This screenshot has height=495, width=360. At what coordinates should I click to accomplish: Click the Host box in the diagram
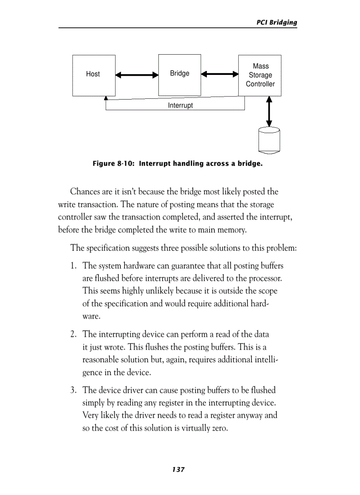pos(94,75)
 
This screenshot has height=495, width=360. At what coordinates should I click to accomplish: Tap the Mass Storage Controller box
pos(260,75)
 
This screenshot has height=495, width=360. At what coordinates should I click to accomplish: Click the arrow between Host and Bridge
pos(137,75)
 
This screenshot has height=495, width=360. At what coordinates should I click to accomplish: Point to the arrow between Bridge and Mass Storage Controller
pos(220,74)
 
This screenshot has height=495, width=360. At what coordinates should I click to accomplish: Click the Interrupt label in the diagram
pos(180,106)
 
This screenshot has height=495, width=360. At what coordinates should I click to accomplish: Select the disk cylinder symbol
pos(269,140)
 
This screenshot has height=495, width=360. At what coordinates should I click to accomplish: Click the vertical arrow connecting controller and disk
pos(269,112)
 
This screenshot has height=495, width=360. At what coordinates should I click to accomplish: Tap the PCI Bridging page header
pos(277,22)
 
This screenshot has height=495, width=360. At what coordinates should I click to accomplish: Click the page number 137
pos(178,469)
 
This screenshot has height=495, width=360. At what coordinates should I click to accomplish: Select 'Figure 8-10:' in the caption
pos(113,164)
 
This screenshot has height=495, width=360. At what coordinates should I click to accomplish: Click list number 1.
pos(74,266)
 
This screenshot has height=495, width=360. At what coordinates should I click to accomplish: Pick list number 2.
pos(74,335)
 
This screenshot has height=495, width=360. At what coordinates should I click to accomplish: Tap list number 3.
pos(74,390)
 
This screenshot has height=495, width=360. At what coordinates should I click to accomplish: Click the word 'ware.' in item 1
pos(91,316)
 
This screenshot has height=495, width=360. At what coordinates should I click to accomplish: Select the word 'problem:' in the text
pos(281,248)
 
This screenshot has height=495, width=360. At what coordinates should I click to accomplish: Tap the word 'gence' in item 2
pos(93,372)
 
